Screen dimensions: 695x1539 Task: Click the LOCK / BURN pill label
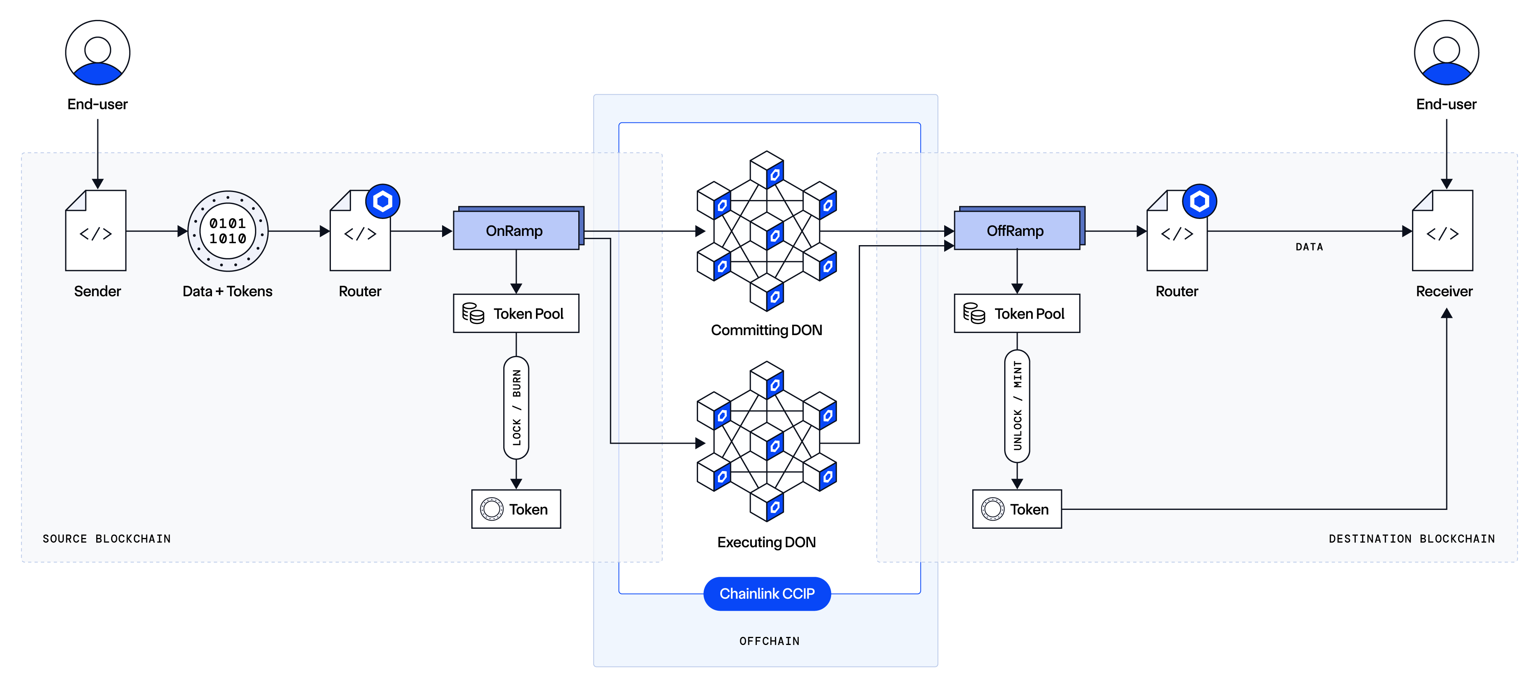point(516,408)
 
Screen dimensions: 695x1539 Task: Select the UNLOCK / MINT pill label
point(1017,406)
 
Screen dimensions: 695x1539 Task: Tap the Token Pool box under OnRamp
point(516,313)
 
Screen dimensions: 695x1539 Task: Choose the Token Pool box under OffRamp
point(1017,313)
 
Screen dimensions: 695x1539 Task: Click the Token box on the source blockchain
point(516,509)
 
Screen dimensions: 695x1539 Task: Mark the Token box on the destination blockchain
point(1017,509)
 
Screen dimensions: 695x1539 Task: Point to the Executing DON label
point(766,542)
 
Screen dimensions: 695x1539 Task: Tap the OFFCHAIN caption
point(769,641)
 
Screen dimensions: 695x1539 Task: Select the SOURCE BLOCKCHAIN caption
point(106,538)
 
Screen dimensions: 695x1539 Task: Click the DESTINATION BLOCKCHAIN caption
point(1412,538)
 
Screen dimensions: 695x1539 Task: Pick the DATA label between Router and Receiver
point(1309,247)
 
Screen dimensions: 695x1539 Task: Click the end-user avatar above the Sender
point(97,53)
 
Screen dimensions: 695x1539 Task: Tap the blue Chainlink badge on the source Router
point(382,201)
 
